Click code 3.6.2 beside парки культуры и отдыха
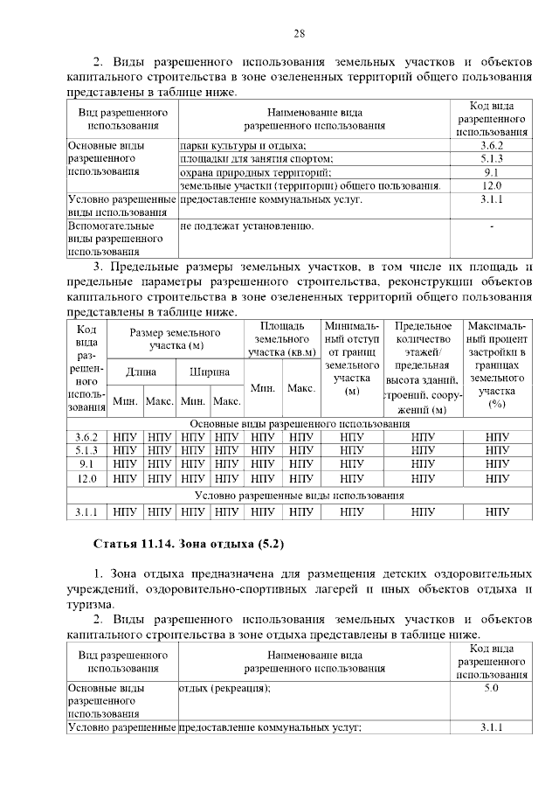(x=492, y=145)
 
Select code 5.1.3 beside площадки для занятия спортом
(x=492, y=159)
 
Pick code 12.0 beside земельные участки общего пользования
(x=492, y=186)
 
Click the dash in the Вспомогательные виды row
(x=492, y=226)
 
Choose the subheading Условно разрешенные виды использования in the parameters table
(x=301, y=495)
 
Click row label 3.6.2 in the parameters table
(x=86, y=437)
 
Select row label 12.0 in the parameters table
(x=86, y=479)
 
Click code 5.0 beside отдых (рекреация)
(x=492, y=689)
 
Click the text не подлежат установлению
(x=246, y=226)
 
